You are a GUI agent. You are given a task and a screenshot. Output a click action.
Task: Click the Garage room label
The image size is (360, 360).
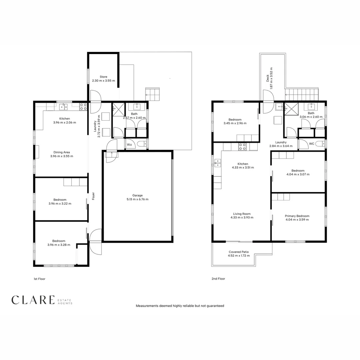click(x=137, y=195)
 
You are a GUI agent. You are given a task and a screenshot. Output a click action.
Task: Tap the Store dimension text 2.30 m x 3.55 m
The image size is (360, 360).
click(x=103, y=81)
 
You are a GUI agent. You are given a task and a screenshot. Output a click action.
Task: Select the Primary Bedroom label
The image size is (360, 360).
click(x=297, y=216)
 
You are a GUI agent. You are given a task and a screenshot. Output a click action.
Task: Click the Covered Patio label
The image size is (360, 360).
click(x=238, y=252)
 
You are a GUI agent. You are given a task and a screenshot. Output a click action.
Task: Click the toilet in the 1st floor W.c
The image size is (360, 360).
click(x=142, y=144)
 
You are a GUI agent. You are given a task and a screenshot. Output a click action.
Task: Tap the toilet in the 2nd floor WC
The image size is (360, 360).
click(x=320, y=144)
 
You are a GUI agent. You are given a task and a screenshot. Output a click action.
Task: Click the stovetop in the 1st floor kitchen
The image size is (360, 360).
click(x=83, y=107)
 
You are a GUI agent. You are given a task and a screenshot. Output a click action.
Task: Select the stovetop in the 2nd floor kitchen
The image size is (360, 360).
click(x=242, y=147)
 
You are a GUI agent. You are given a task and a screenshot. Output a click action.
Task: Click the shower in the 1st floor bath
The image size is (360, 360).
click(x=118, y=108)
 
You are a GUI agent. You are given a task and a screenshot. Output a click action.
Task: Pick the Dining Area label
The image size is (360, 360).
click(x=61, y=152)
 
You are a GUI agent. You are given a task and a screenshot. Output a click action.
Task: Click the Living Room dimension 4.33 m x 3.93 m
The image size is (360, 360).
click(x=242, y=217)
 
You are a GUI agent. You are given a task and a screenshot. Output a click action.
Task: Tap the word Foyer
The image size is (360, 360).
click(x=94, y=196)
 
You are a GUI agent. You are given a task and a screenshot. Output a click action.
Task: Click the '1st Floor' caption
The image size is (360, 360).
click(x=39, y=279)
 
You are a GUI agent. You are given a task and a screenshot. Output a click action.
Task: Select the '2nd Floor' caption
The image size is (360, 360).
click(x=218, y=279)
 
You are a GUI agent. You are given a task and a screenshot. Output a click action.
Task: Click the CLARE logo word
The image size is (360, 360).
click(x=33, y=300)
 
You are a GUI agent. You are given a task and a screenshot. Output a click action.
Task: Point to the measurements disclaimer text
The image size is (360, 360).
click(x=180, y=306)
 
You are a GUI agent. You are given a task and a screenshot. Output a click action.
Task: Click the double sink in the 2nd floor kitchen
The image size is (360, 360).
click(x=217, y=163)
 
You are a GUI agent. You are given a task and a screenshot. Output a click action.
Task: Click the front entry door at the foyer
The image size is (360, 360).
click(x=95, y=242)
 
